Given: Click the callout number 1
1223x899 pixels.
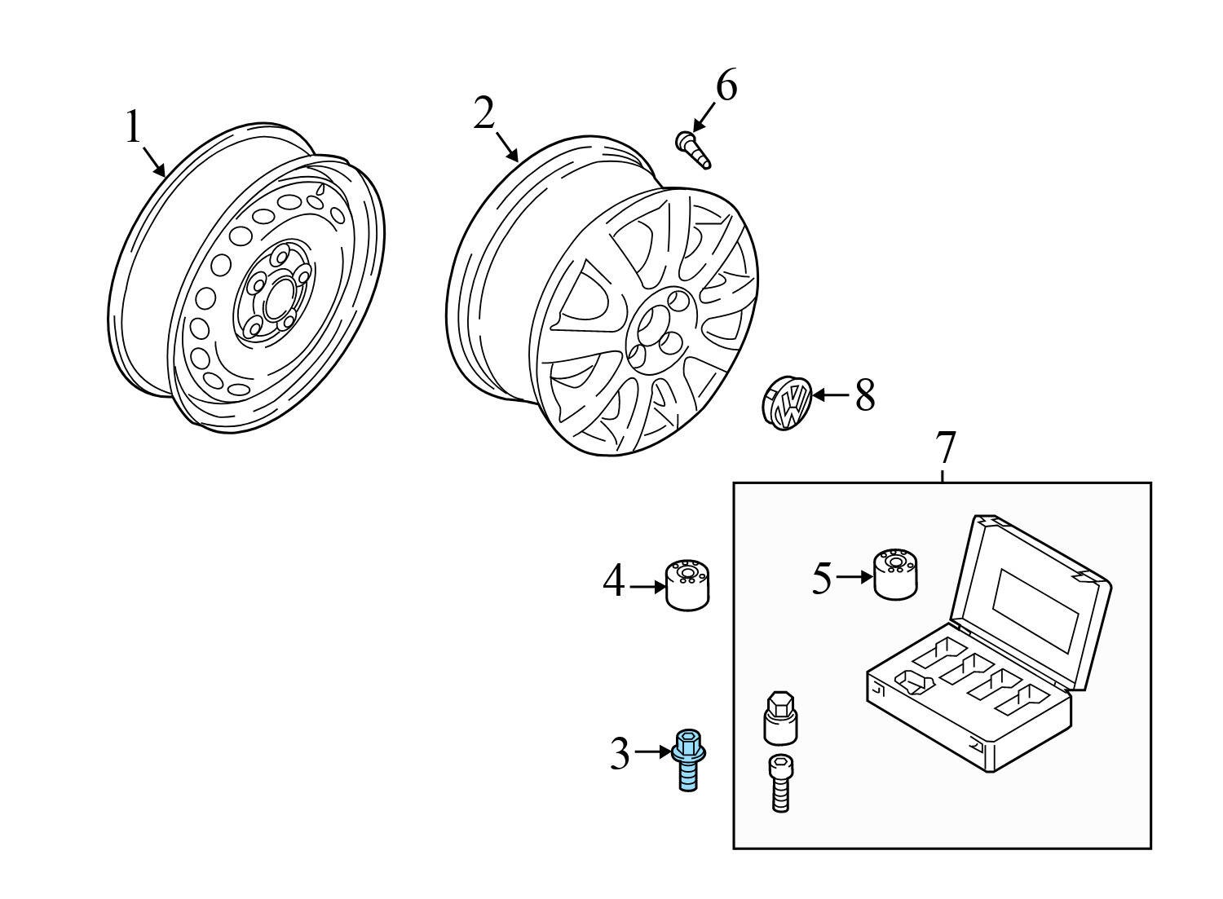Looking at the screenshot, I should (x=133, y=127).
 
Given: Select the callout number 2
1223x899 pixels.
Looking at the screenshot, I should (x=484, y=114).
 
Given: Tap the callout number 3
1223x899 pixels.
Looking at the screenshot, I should (x=620, y=754).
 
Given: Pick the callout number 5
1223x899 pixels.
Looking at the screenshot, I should (x=822, y=579).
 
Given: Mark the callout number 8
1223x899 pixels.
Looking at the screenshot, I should (x=864, y=397).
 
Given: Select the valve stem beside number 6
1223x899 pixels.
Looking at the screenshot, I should (x=693, y=152).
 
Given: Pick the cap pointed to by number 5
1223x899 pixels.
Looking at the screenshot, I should (x=896, y=574).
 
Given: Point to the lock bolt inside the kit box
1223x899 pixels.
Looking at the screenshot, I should (x=779, y=782).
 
